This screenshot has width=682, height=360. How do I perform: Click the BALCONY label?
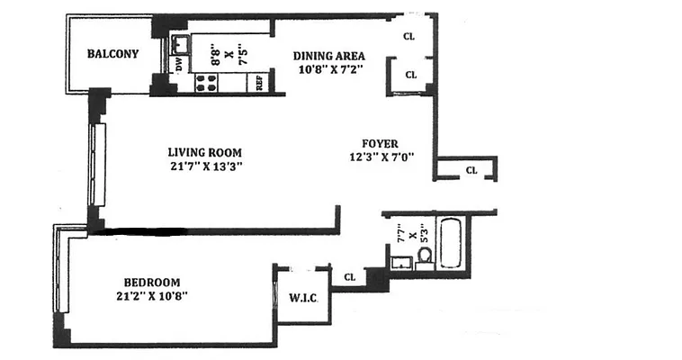click(x=112, y=54)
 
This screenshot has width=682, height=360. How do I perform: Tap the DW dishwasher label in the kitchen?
click(x=179, y=64)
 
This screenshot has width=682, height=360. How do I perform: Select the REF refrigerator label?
click(x=259, y=83)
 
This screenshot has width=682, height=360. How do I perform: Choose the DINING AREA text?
click(x=329, y=56)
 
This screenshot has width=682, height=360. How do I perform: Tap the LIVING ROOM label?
click(x=205, y=152)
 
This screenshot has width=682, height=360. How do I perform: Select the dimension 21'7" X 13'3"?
click(x=205, y=166)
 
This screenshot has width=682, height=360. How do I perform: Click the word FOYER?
click(x=380, y=143)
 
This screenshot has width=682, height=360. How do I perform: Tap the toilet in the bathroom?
click(x=425, y=256)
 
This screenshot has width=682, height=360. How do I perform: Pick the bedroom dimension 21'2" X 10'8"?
click(x=151, y=295)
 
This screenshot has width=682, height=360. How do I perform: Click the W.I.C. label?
click(x=301, y=298)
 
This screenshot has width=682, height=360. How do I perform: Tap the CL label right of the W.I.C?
click(x=350, y=278)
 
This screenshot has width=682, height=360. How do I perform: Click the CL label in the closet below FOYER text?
click(x=471, y=170)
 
